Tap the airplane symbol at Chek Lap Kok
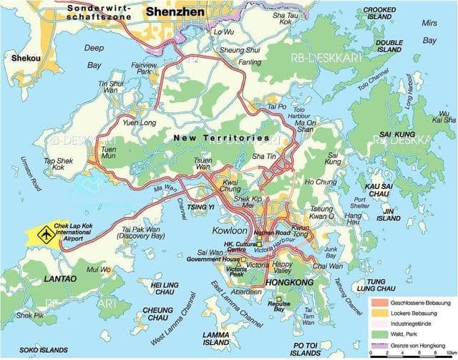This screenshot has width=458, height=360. click(47, 234)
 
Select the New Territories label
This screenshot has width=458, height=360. click(223, 137)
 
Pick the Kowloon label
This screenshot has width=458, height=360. click(229, 231)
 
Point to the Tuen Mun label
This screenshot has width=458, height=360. click(109, 152)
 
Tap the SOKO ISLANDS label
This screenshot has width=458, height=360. click(39, 350)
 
